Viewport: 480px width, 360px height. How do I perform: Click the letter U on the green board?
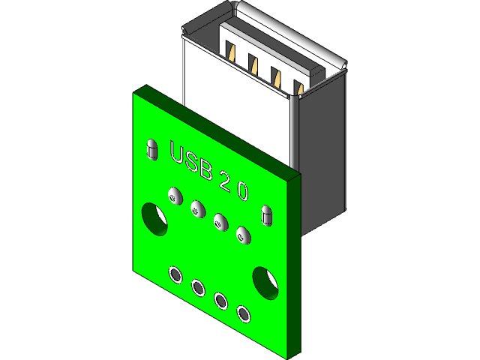[178, 152]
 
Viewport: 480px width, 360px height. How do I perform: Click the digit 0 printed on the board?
[242, 190]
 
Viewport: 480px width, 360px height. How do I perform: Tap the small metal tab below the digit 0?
[265, 214]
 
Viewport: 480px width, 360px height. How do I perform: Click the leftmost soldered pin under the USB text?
[174, 196]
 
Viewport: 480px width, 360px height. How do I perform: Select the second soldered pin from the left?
[197, 208]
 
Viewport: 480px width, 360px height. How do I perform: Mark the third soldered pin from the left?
[220, 221]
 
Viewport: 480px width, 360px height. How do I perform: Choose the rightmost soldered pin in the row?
[242, 234]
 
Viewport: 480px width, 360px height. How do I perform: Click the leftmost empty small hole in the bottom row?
[175, 275]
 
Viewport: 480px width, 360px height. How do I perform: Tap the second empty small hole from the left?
[199, 287]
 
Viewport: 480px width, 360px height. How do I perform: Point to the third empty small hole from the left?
[222, 301]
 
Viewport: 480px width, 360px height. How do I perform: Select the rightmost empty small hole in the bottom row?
[244, 313]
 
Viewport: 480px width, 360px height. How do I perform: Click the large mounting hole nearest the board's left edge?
[155, 217]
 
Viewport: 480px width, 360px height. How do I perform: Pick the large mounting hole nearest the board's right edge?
[265, 280]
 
